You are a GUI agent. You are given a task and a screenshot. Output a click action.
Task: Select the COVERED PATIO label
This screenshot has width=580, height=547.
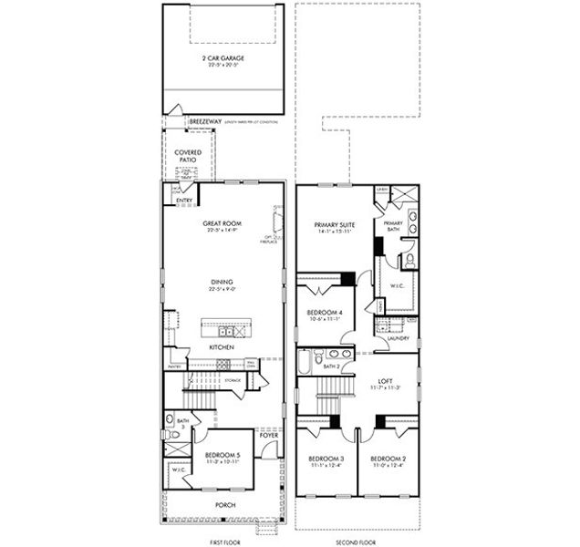[x=187, y=156]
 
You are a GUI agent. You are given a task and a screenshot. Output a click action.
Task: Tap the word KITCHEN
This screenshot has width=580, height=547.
[x=223, y=347]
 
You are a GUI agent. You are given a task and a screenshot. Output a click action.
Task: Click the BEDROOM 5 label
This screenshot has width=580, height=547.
[x=223, y=454]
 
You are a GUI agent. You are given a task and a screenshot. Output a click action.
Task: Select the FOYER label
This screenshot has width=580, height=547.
[x=269, y=436]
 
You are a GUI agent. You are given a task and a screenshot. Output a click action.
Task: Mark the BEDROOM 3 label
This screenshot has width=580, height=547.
[x=326, y=458]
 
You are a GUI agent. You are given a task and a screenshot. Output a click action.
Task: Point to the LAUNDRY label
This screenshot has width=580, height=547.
[x=398, y=337]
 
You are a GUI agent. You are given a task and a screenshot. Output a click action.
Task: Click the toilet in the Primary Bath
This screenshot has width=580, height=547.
[x=408, y=260]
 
